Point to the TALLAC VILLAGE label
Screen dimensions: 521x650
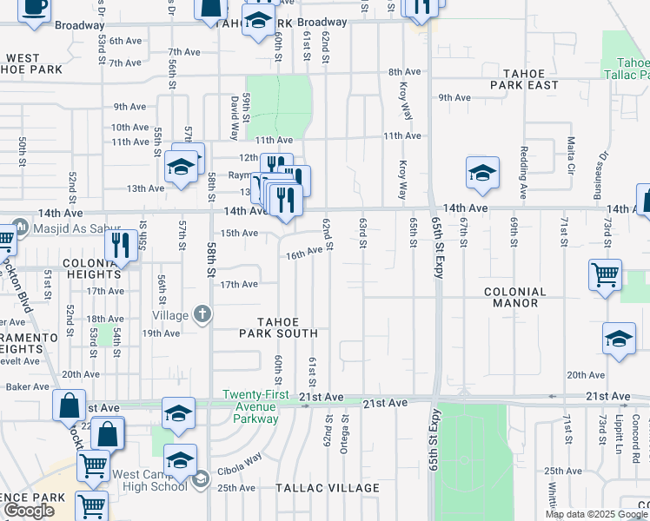point(328,489)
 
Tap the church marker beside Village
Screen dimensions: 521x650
point(202,314)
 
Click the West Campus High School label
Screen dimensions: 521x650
point(151,480)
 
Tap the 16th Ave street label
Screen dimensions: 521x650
point(310,251)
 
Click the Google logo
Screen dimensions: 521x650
point(29,511)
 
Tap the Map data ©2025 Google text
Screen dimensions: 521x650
point(595,514)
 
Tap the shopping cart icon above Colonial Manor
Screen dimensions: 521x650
point(605,274)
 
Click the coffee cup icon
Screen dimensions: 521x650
point(35,9)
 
